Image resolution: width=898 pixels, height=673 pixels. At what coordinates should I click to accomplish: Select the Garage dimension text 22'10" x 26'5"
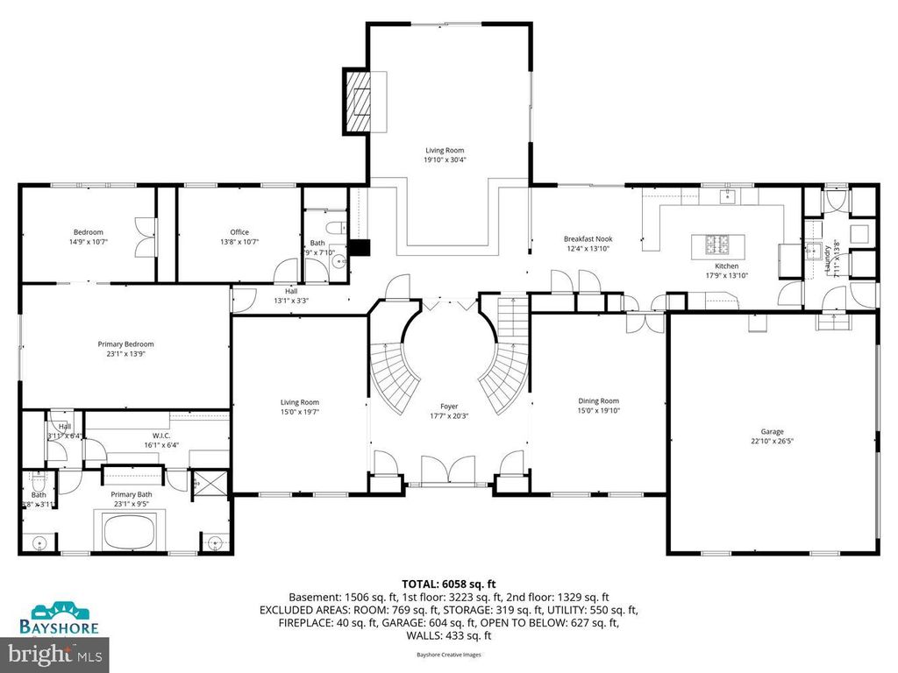pos(772,443)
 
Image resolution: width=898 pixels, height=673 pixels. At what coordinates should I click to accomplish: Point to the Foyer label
pos(449,407)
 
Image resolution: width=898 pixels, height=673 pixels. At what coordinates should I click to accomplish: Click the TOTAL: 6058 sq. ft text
pos(448,582)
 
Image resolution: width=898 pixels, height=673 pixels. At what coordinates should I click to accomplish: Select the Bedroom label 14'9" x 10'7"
pos(88,237)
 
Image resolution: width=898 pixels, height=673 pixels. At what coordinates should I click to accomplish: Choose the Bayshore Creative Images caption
pos(448,654)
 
